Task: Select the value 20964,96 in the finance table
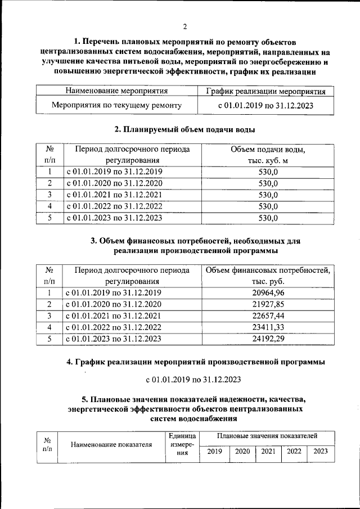pos(268,292)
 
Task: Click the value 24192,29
pos(268,339)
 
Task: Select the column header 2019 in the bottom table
pos(214,451)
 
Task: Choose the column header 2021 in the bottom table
pos(268,451)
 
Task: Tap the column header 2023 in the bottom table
pos(321,451)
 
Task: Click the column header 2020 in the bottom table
pos(242,451)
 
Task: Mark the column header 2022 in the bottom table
pos(294,451)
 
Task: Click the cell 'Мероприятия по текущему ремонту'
pos(116,105)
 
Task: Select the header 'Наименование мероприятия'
pos(117,91)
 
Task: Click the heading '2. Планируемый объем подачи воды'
pos(184,130)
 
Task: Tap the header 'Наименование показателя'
pos(111,445)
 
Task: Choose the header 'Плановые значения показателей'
pos(267,436)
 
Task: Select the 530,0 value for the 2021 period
pos(268,195)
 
